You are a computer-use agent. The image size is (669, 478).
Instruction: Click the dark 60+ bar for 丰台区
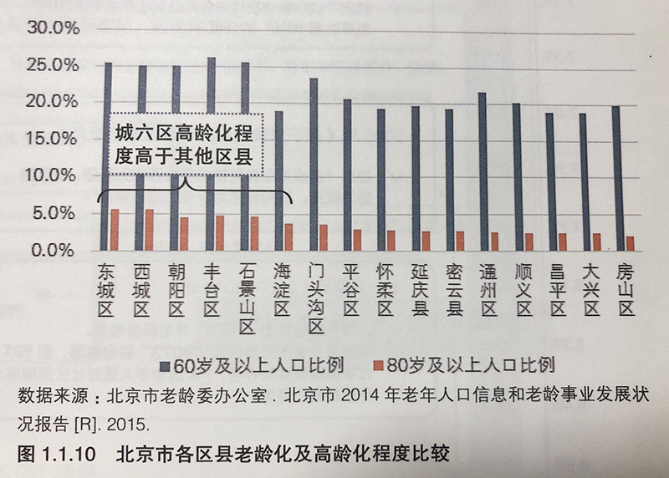click(x=211, y=155)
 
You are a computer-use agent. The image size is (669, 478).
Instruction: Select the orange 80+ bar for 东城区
click(x=115, y=230)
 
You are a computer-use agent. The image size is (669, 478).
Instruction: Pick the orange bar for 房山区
click(x=629, y=243)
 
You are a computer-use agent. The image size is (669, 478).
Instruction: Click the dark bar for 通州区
click(x=483, y=171)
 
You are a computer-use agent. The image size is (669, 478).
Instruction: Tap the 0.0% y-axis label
click(x=57, y=250)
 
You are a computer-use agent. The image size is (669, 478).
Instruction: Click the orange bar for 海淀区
click(x=289, y=237)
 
